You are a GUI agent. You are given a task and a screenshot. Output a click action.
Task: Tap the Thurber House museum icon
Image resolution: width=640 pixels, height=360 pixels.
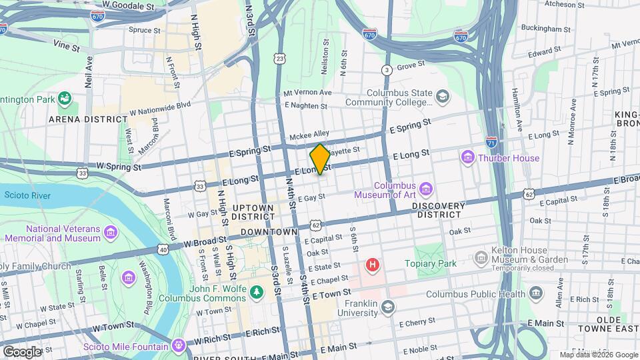point(467,158)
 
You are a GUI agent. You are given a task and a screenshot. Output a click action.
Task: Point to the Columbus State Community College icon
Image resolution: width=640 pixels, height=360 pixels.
point(441,97)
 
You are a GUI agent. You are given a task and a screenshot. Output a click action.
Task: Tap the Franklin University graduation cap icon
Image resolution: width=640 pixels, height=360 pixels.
point(388,307)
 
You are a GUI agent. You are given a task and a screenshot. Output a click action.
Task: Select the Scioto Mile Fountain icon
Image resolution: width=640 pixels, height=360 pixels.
point(177,346)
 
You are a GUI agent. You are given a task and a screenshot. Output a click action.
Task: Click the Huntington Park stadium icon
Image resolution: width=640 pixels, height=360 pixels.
point(65,100)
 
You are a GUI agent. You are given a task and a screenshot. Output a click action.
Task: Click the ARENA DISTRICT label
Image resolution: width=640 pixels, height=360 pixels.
point(87,119)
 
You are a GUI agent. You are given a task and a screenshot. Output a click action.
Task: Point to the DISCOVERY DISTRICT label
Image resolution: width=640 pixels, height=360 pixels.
point(438,210)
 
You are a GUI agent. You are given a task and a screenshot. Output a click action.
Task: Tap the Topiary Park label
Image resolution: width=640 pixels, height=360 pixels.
point(431,263)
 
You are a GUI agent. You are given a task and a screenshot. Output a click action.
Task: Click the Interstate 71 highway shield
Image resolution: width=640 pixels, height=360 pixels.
point(491,142)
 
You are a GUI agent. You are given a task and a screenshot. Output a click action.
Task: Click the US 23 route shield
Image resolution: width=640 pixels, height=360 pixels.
point(279,59)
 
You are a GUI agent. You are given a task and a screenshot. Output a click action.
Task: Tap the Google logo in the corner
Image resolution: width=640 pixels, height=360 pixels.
point(22,351)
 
